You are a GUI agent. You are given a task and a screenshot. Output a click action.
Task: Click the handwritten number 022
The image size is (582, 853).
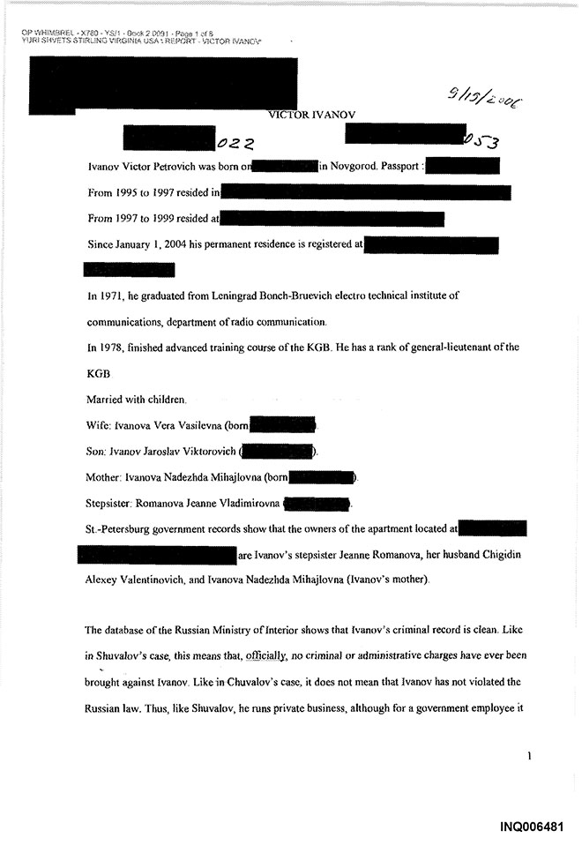tap(235, 142)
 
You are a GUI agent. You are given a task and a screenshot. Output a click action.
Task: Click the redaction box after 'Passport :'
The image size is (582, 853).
tap(463, 166)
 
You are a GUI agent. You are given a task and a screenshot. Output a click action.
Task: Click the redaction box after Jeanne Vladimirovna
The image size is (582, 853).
tap(317, 504)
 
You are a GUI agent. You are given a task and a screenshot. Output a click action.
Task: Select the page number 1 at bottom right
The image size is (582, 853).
tap(527, 756)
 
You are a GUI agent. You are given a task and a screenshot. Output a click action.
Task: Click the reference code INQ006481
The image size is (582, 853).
tap(529, 826)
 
